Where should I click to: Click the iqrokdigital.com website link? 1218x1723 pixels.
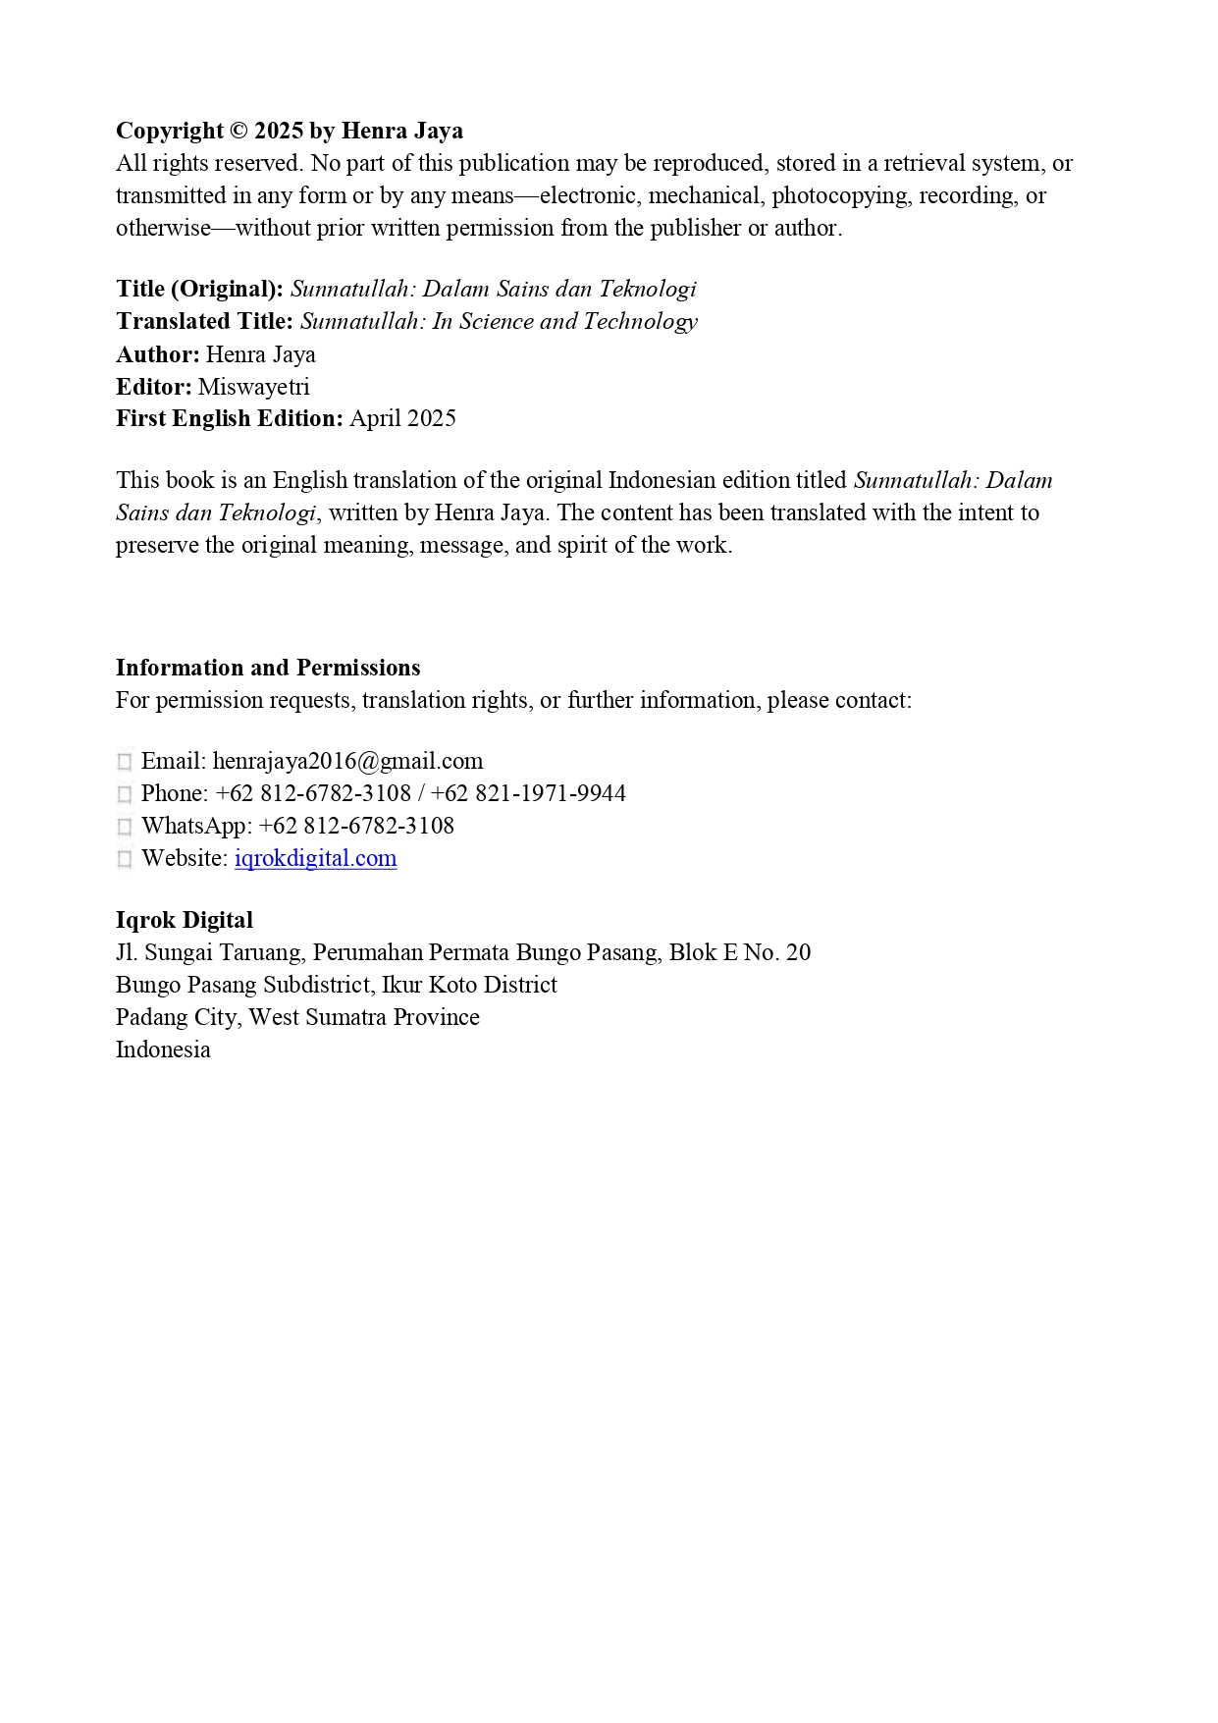pyautogui.click(x=315, y=858)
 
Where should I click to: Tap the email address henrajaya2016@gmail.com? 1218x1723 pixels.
pyautogui.click(x=347, y=762)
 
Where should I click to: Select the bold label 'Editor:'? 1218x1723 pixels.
pyautogui.click(x=153, y=387)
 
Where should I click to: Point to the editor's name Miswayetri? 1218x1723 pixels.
pyautogui.click(x=253, y=387)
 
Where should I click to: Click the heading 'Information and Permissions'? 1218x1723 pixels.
pyautogui.click(x=268, y=668)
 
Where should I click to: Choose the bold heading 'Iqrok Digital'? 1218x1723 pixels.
pyautogui.click(x=185, y=920)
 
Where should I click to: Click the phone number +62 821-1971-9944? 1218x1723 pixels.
pyautogui.click(x=528, y=793)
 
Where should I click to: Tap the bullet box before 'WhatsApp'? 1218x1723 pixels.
pyautogui.click(x=125, y=827)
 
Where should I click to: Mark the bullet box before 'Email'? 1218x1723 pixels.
pyautogui.click(x=125, y=762)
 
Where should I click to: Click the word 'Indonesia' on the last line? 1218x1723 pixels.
pyautogui.click(x=163, y=1050)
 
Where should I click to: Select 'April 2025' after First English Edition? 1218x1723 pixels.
pyautogui.click(x=402, y=418)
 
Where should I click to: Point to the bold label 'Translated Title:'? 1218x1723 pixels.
pyautogui.click(x=204, y=322)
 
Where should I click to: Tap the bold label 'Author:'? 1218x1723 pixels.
pyautogui.click(x=157, y=354)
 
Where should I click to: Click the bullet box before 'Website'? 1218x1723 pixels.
pyautogui.click(x=125, y=859)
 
